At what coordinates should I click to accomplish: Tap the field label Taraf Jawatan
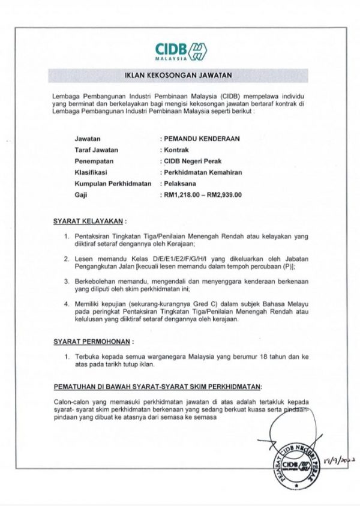[x=97, y=150]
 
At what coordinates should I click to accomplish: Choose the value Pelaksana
[x=179, y=184]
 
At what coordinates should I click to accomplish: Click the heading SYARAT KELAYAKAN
[x=87, y=221]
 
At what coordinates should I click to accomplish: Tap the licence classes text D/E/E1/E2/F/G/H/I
[x=168, y=259]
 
